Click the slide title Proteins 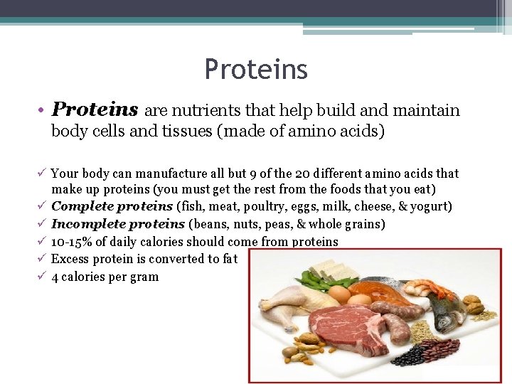pyautogui.click(x=256, y=70)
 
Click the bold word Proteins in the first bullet pyautogui.click(x=95, y=110)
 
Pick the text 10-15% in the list pyautogui.click(x=71, y=242)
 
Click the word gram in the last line pyautogui.click(x=143, y=277)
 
